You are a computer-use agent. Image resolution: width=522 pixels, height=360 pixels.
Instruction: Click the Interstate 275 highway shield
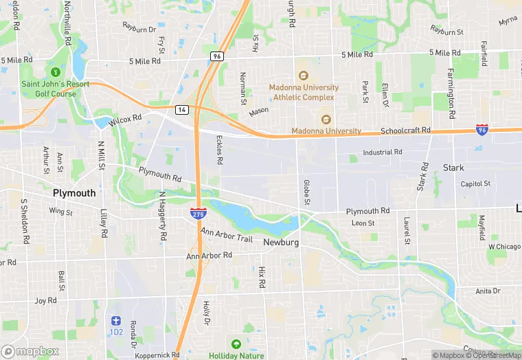197,214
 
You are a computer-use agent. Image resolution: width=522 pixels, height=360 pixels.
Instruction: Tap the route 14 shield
181,109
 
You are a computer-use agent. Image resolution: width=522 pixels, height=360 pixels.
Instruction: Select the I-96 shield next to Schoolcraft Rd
482,128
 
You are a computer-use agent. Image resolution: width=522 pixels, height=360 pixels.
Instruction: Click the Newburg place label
280,242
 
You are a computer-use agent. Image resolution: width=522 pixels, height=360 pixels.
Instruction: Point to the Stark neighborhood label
453,168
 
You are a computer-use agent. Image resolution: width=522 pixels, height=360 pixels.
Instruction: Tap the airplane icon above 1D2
115,321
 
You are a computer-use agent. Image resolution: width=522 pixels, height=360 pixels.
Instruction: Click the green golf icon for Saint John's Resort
52,71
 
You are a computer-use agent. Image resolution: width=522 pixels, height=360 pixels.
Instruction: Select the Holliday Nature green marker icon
236,344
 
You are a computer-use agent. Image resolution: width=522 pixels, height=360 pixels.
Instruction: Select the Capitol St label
475,184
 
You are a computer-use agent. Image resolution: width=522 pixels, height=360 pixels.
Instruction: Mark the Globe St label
307,192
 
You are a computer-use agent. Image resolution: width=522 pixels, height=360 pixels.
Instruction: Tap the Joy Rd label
45,300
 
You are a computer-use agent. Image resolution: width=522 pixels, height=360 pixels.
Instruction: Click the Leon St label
363,223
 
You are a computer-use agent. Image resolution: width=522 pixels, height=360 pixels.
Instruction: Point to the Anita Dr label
488,291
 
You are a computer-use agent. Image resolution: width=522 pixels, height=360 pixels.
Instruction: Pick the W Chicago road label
505,246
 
